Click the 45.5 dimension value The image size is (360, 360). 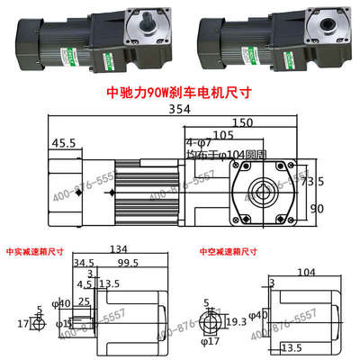tap(63, 142)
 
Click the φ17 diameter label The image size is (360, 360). tap(212, 341)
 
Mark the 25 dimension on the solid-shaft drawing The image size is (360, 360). tap(83, 301)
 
